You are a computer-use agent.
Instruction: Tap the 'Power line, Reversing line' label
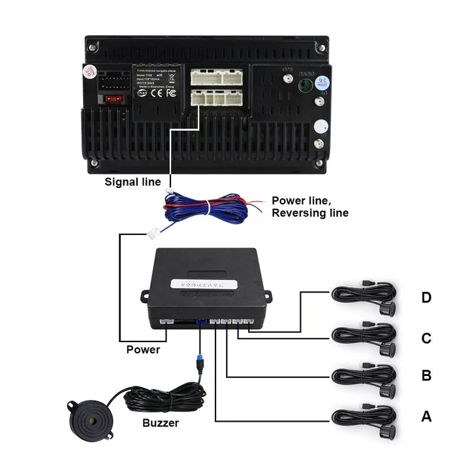click(310, 206)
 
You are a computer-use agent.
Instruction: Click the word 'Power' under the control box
click(143, 349)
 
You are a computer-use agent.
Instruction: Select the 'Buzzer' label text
click(161, 422)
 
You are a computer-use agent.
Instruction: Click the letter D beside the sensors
click(426, 298)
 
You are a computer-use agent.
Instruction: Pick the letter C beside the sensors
click(426, 338)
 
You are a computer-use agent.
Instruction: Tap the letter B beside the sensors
click(426, 376)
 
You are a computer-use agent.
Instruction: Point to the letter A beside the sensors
click(426, 416)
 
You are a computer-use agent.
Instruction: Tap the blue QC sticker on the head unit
click(321, 83)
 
